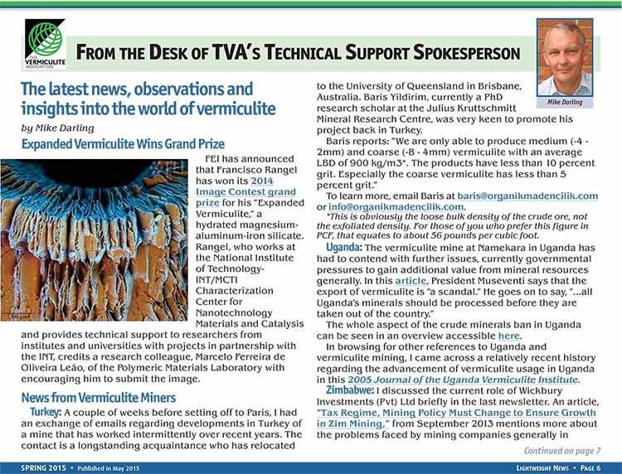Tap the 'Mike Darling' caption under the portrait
click(565, 103)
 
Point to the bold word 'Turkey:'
click(45, 412)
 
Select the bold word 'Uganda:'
click(343, 248)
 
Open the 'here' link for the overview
click(509, 336)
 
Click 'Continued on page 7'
click(561, 450)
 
